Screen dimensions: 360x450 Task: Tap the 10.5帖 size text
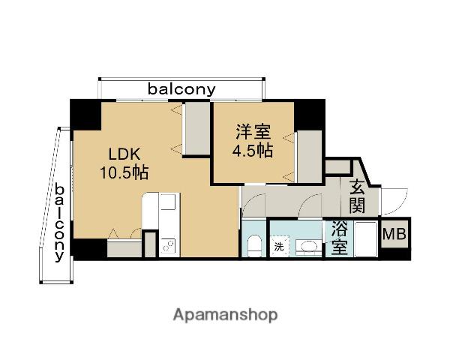124,172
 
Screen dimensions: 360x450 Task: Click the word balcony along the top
181,89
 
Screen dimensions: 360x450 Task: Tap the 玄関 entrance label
356,196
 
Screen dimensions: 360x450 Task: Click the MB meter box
394,235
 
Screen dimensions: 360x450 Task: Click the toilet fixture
253,245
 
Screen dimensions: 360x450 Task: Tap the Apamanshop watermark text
224,315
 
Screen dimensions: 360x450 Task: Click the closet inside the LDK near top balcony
196,129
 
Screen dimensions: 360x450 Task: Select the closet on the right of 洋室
308,156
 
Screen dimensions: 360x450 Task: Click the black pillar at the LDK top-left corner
85,114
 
